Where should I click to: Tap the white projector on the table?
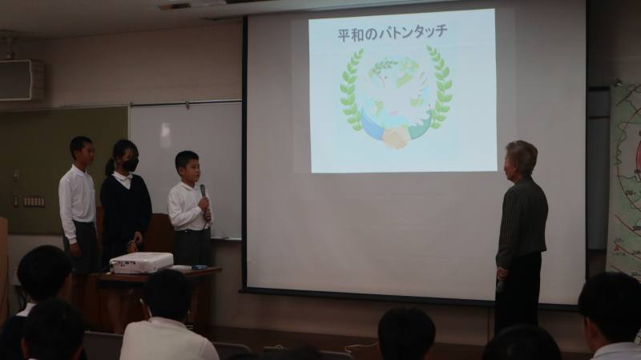pyautogui.click(x=142, y=262)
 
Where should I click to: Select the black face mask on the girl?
pyautogui.click(x=131, y=165)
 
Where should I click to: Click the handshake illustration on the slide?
pyautogui.click(x=394, y=137)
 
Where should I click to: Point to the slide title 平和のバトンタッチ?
pyautogui.click(x=393, y=33)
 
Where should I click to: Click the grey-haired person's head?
pyautogui.click(x=520, y=158)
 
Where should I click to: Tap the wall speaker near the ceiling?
pyautogui.click(x=22, y=79)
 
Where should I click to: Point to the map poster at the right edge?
pyautogui.click(x=625, y=180)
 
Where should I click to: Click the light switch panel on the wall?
pyautogui.click(x=34, y=202)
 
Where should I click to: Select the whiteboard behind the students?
pyautogui.click(x=186, y=164)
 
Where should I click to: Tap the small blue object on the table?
pyautogui.click(x=199, y=267)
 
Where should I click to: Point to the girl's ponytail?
pyautogui.click(x=110, y=166)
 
